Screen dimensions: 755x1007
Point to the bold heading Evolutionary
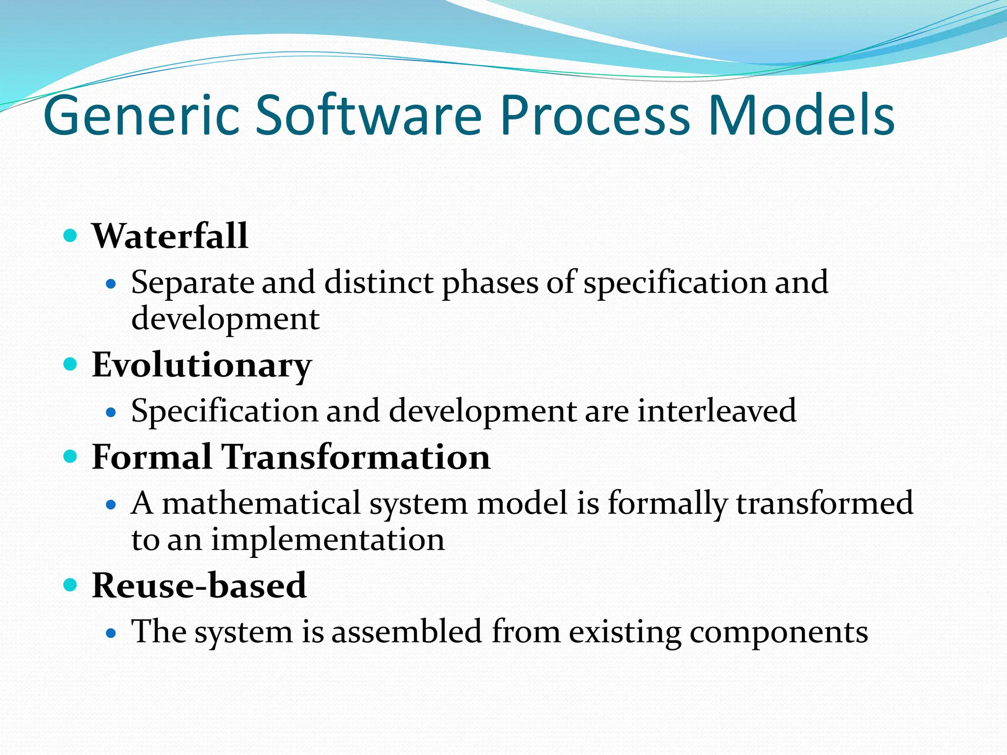(x=202, y=365)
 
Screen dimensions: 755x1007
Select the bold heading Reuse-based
(x=199, y=585)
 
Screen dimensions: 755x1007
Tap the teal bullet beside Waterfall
(x=71, y=235)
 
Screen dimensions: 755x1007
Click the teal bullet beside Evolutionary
(x=71, y=364)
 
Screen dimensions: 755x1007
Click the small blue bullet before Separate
(x=111, y=284)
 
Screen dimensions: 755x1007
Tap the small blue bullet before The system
(x=111, y=633)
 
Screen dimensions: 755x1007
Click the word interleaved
(x=716, y=410)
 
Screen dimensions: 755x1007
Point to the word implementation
(x=328, y=540)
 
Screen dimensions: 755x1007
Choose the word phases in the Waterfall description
(x=490, y=283)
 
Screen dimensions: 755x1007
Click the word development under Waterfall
(x=225, y=319)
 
